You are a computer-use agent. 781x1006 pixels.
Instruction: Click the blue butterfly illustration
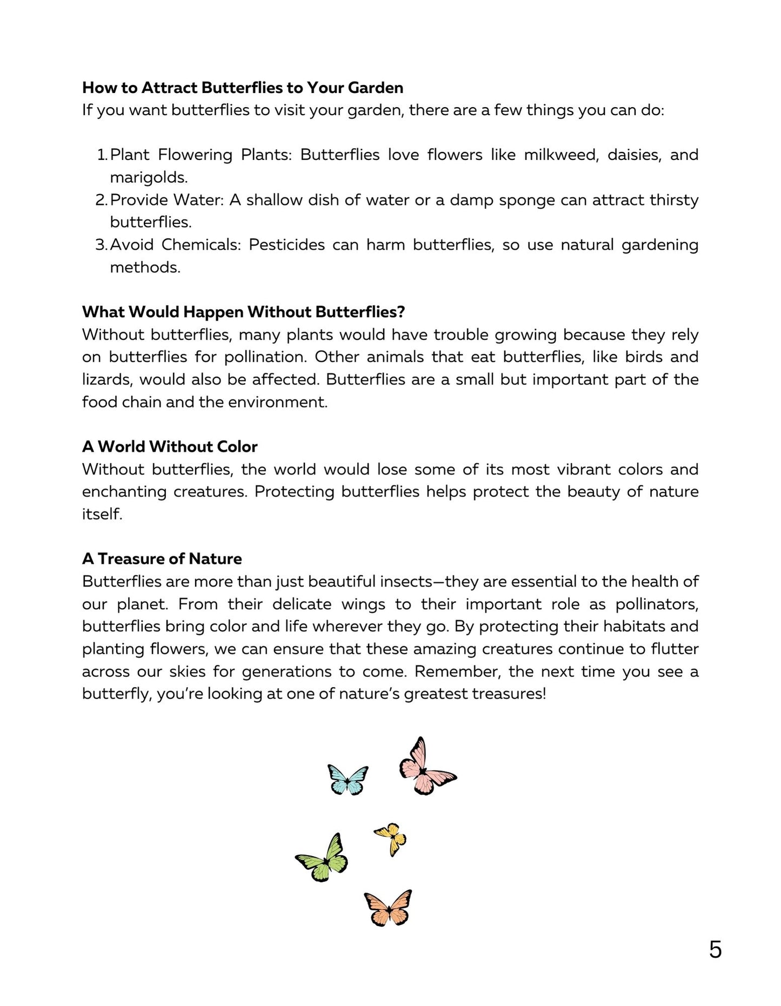click(348, 779)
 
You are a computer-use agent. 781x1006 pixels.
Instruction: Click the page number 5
click(715, 950)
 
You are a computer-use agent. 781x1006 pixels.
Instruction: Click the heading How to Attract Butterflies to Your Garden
click(243, 88)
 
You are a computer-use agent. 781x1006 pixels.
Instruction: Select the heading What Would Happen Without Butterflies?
click(243, 312)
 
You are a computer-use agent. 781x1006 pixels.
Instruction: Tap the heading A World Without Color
click(170, 447)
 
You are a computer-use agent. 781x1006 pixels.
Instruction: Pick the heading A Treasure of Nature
click(162, 558)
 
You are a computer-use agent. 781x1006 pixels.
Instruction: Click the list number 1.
click(102, 155)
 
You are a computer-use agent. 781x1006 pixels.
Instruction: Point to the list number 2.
click(102, 200)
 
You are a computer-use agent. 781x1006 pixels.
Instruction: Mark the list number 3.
click(102, 245)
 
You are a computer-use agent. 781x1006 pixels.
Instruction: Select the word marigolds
click(149, 178)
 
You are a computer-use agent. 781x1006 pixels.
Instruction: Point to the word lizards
click(106, 379)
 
